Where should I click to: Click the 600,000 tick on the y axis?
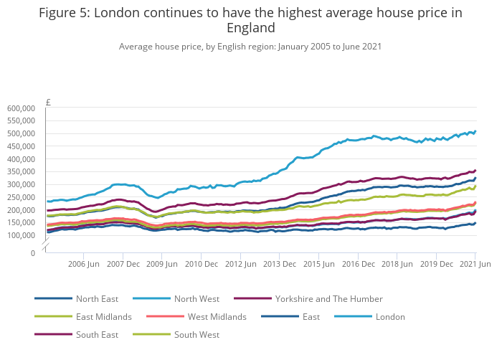click(x=22, y=108)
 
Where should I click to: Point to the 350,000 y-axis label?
click(x=22, y=171)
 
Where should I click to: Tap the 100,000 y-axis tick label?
click(x=22, y=235)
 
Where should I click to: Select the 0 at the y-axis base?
click(x=32, y=252)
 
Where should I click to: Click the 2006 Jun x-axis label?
click(x=83, y=264)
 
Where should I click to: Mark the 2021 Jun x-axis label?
click(x=475, y=264)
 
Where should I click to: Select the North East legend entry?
click(x=97, y=298)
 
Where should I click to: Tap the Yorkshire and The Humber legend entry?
click(x=328, y=298)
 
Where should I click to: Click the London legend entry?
click(x=390, y=316)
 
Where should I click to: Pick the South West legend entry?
click(x=196, y=334)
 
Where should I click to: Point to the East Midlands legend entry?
click(x=103, y=316)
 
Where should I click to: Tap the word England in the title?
click(x=251, y=28)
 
